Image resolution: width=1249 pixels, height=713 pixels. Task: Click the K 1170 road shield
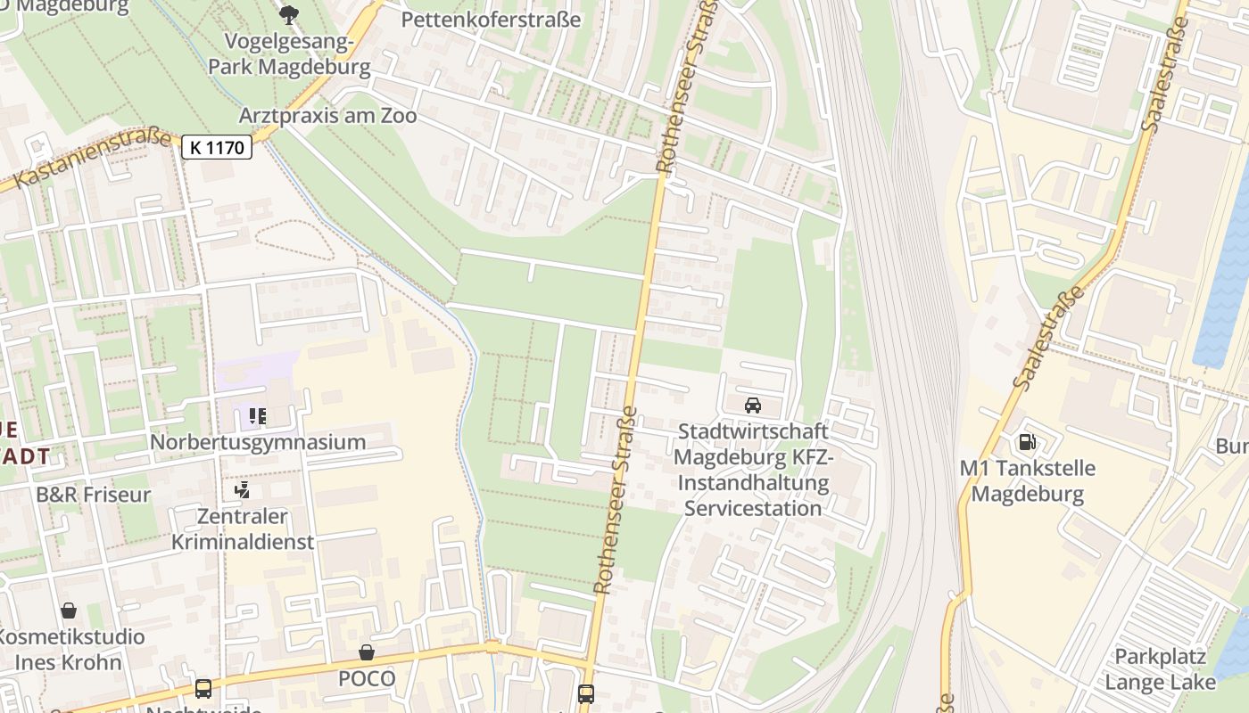point(217,147)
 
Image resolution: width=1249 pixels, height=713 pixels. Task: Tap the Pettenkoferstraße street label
point(491,20)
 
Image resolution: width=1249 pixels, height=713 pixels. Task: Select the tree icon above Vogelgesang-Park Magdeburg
point(288,14)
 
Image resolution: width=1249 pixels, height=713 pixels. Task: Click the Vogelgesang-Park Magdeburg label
point(289,54)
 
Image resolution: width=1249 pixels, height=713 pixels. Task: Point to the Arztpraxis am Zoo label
point(327,116)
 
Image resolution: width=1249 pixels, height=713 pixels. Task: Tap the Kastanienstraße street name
point(94,159)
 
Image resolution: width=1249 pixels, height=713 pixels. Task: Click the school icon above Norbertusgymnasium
point(258,416)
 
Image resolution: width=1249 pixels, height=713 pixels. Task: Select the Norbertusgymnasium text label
point(258,442)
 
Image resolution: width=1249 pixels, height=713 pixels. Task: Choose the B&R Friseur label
point(94,495)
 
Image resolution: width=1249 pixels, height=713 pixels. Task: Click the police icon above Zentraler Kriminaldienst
point(242,490)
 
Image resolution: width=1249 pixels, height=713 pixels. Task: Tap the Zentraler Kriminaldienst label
point(243,529)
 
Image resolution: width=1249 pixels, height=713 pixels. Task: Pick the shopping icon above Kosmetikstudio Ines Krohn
point(69,611)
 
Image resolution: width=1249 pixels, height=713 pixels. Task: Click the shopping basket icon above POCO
point(366,653)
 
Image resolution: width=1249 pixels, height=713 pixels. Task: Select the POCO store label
point(366,678)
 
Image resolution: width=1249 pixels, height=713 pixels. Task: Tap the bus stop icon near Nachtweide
point(203,688)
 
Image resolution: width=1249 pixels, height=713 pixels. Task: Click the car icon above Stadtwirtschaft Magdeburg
point(752,406)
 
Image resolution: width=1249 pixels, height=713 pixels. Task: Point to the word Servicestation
point(752,509)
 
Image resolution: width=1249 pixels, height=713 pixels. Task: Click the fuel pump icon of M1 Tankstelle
point(1027,442)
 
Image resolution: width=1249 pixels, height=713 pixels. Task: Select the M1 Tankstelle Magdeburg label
point(1027,480)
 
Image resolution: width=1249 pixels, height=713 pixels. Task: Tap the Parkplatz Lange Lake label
point(1160,669)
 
